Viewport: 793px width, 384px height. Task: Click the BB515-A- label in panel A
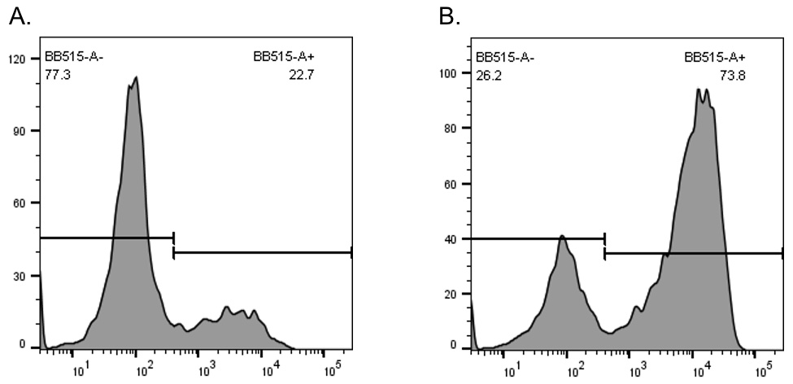75,57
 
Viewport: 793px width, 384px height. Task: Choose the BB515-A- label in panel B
506,57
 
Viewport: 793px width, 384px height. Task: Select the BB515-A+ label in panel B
715,57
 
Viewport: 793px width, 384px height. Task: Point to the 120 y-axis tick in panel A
15,59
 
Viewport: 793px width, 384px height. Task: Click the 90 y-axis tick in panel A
19,131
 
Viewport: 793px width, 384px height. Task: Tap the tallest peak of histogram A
136,78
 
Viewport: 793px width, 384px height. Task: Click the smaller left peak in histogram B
562,237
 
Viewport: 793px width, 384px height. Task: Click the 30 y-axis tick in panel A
19,276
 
